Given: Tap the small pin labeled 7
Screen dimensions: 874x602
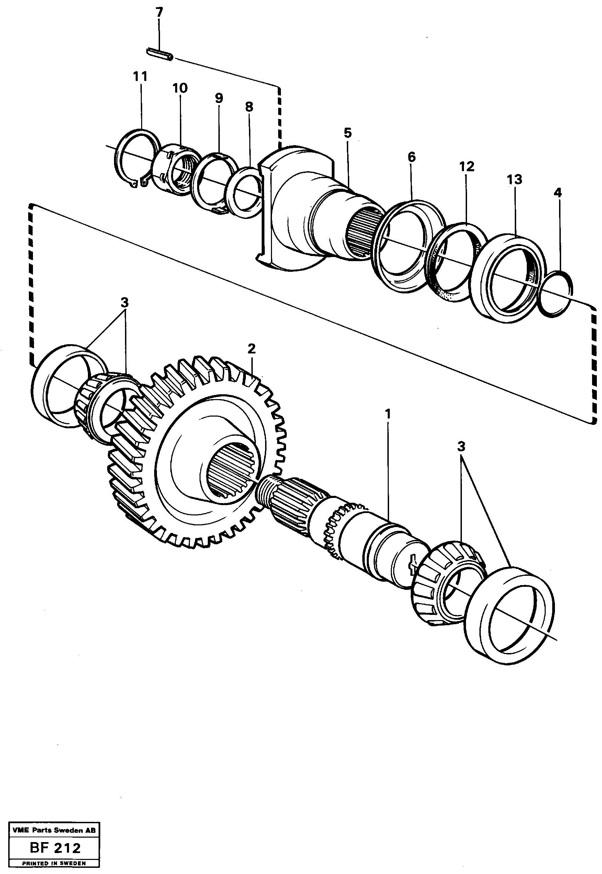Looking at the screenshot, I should click(160, 54).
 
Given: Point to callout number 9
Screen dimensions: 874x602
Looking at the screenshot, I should click(219, 99).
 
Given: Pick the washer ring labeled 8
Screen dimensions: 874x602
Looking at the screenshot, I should click(243, 192).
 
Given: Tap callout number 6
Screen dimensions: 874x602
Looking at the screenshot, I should click(411, 157).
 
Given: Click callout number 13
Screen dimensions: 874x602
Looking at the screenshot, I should click(514, 179).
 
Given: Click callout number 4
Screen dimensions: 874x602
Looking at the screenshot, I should click(557, 193).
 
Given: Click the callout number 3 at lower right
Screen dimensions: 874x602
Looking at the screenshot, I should click(461, 447).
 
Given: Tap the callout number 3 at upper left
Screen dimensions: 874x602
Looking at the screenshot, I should click(124, 302).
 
